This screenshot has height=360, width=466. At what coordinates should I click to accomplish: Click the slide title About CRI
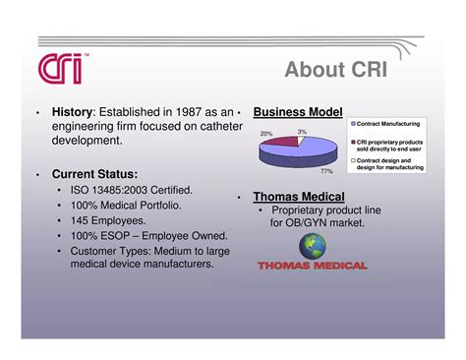point(337,70)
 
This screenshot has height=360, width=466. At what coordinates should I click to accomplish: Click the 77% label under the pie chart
point(314,171)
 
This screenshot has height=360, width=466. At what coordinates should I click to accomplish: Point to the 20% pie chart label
point(266,134)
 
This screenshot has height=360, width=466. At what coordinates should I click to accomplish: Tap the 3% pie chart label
point(302,131)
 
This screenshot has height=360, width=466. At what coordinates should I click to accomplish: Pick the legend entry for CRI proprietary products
point(390,145)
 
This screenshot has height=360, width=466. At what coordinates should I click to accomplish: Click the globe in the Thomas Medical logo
point(311,246)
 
